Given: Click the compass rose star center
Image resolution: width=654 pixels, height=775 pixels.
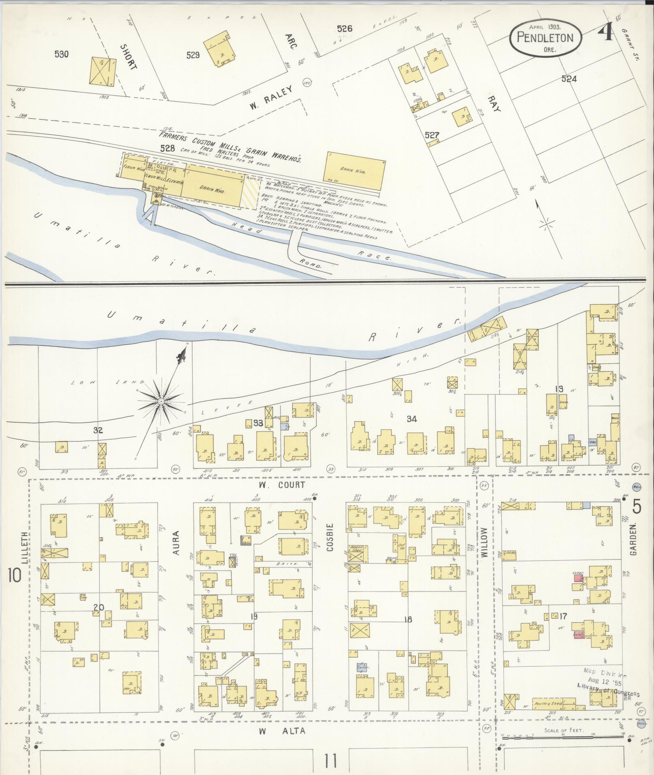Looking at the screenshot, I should pos(161,401).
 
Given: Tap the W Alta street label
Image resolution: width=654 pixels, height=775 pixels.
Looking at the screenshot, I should pos(281,731).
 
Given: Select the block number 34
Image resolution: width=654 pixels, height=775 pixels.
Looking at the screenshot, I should pos(412,419).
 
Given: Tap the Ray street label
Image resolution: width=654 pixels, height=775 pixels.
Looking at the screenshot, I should pos(494,104).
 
